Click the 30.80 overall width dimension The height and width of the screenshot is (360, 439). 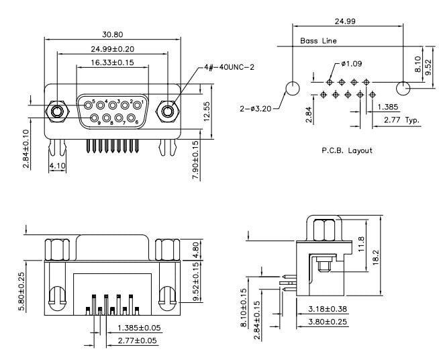pos(112,34)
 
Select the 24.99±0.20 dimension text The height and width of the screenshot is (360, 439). pos(112,48)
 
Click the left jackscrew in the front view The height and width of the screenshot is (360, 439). pos(58,109)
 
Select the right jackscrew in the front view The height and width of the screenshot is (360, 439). pos(166,109)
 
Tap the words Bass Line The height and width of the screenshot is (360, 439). pos(318,41)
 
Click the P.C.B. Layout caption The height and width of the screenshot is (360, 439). pos(346,150)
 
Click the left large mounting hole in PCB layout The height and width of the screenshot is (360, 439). pos(293,88)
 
